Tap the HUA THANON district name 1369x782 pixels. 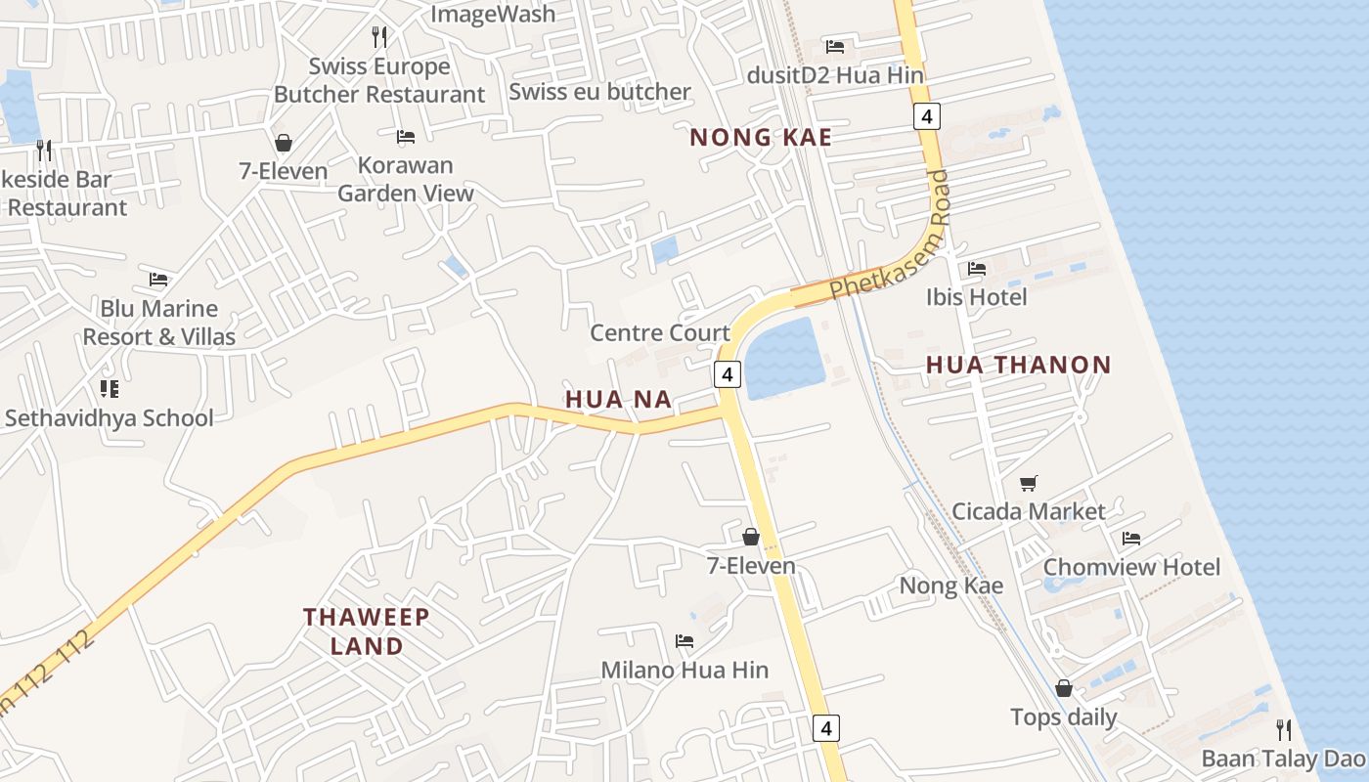(x=1018, y=366)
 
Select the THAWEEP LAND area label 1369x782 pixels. (x=366, y=631)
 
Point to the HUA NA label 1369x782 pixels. (x=618, y=399)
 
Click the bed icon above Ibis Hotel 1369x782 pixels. (x=976, y=269)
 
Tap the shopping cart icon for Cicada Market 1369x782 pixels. (x=1028, y=483)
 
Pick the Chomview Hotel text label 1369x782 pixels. (x=1131, y=567)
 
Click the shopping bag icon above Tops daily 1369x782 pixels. (x=1063, y=688)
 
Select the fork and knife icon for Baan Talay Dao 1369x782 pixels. (x=1283, y=729)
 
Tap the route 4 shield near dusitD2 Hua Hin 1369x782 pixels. (x=927, y=117)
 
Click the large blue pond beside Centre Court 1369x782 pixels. (x=785, y=358)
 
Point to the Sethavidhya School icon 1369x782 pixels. (x=109, y=389)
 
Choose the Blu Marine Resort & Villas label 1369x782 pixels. (x=158, y=323)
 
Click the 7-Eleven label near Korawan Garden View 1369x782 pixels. (x=284, y=171)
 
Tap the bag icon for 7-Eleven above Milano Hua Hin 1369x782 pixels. (x=751, y=537)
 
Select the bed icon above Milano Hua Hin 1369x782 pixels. (x=684, y=641)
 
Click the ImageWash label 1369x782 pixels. (x=493, y=15)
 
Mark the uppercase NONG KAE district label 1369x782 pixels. (x=761, y=138)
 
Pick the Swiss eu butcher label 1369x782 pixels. (x=599, y=92)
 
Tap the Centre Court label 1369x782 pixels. (x=660, y=332)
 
